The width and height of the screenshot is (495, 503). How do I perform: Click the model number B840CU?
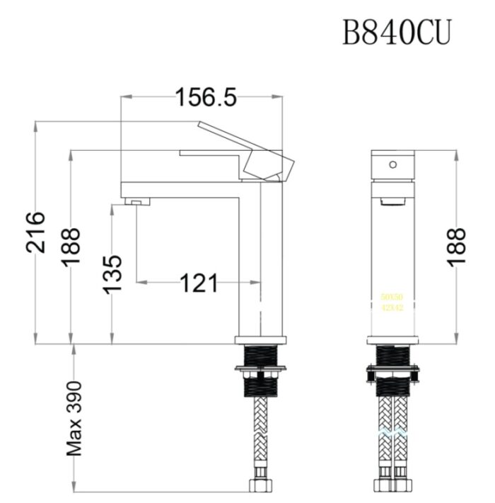click(396, 32)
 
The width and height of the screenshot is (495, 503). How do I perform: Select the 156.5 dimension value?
click(206, 98)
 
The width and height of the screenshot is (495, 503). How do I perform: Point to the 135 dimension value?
click(112, 272)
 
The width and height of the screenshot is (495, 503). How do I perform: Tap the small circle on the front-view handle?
click(392, 164)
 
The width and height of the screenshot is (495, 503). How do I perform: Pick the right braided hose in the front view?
click(402, 439)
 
